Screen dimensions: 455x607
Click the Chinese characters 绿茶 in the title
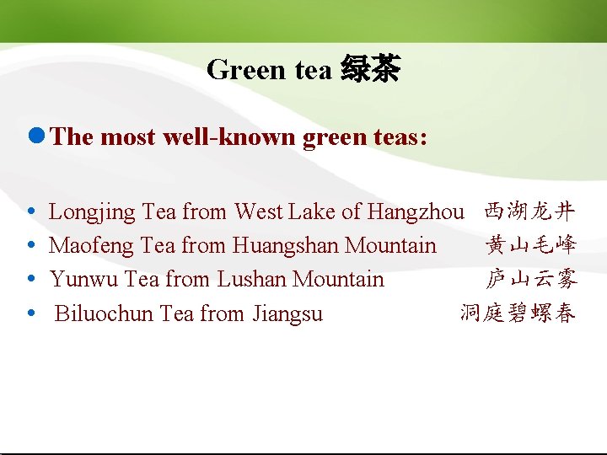click(370, 69)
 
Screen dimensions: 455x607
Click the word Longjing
click(93, 212)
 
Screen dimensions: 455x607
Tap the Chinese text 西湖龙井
click(530, 211)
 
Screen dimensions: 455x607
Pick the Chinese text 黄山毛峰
click(530, 245)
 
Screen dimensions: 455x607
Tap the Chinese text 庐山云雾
click(530, 279)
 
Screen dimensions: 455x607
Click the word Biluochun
click(104, 314)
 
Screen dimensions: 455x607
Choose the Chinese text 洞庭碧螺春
click(518, 314)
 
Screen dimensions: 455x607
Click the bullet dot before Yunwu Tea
click(31, 279)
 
